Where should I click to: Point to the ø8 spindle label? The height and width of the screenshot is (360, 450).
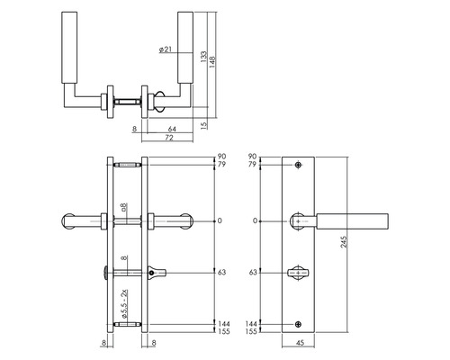coord(125,209)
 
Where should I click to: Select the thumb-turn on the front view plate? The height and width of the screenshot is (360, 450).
coord(298,272)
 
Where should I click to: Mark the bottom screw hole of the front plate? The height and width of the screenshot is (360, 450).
coord(298,323)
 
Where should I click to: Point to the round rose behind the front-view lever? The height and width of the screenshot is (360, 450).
coord(298,220)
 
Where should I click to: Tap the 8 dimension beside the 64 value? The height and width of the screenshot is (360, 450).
coord(133,130)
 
